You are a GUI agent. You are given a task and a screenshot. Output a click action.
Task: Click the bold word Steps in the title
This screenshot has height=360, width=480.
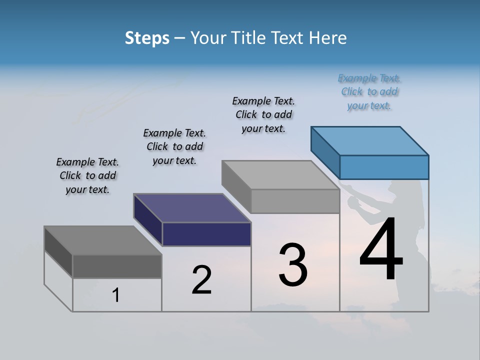pyautogui.click(x=147, y=38)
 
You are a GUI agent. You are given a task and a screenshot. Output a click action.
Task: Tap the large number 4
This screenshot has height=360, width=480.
pyautogui.click(x=381, y=249)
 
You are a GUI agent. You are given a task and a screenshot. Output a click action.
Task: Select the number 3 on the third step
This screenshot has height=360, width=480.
pyautogui.click(x=293, y=265)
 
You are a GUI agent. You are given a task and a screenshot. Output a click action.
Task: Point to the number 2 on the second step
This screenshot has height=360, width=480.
pyautogui.click(x=201, y=280)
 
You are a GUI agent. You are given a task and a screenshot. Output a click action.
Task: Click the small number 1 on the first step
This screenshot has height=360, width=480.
pyautogui.click(x=116, y=295)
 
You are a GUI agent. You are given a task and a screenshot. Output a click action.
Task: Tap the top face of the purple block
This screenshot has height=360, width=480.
pyautogui.click(x=192, y=208)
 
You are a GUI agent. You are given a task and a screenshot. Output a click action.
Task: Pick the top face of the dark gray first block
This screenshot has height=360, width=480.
pyautogui.click(x=102, y=240)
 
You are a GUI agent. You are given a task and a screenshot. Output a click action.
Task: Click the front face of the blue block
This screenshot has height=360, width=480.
pyautogui.click(x=384, y=167)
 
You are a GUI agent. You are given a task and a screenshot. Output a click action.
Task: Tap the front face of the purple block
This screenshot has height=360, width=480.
pyautogui.click(x=206, y=234)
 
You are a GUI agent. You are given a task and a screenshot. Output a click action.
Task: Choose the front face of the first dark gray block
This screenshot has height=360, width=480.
pyautogui.click(x=117, y=266)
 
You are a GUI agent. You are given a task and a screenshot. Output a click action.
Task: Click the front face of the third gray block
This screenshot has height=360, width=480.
pyautogui.click(x=295, y=201)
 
